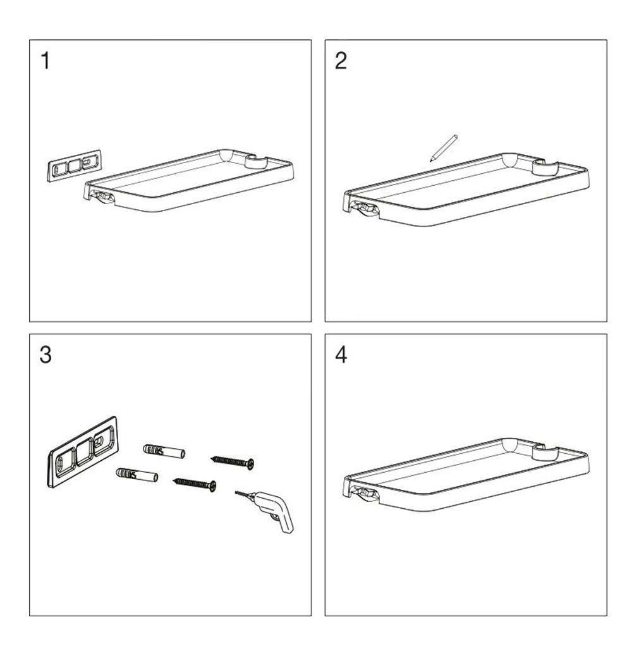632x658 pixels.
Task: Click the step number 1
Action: click(46, 61)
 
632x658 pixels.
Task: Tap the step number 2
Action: click(341, 61)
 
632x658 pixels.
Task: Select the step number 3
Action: click(46, 355)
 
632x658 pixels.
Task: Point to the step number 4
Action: click(341, 355)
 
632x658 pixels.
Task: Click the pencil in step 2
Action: click(443, 148)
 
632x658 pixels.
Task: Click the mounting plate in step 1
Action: click(75, 164)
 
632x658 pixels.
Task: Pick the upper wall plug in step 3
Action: click(164, 451)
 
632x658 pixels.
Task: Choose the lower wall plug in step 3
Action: click(137, 475)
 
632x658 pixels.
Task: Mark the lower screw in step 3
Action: click(195, 484)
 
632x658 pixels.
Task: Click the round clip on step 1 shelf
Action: click(256, 162)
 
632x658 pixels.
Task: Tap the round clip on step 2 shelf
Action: click(544, 167)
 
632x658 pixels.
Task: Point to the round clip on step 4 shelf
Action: click(544, 452)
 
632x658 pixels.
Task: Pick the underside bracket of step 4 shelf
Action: click(366, 492)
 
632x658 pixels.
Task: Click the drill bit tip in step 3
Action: click(236, 492)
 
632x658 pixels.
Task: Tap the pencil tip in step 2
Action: click(430, 161)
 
